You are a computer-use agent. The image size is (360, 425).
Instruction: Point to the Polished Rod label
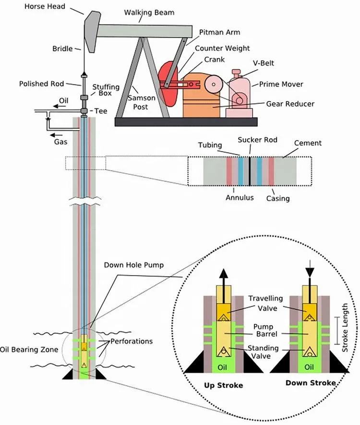click(x=41, y=84)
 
